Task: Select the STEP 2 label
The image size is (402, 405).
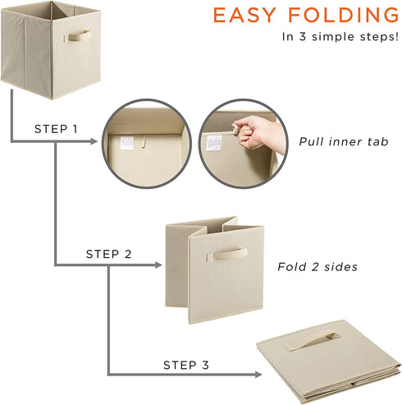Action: tap(108, 254)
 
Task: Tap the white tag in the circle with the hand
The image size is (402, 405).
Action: tap(214, 143)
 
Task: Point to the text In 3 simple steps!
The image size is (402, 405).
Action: tap(340, 37)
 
